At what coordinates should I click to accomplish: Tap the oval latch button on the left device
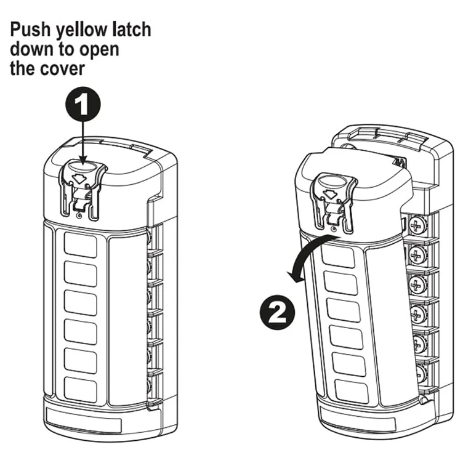83,167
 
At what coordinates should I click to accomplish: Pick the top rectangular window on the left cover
81,244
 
